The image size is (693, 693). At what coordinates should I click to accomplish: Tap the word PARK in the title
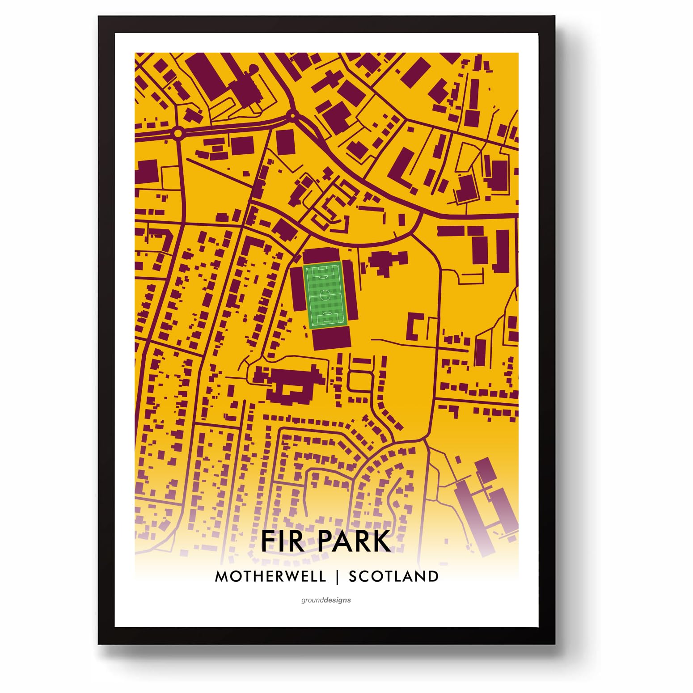pyautogui.click(x=355, y=541)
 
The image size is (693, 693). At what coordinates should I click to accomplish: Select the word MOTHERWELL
pyautogui.click(x=270, y=576)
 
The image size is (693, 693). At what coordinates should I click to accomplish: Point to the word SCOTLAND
pyautogui.click(x=393, y=576)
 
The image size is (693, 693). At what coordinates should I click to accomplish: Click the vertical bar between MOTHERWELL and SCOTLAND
pyautogui.click(x=338, y=577)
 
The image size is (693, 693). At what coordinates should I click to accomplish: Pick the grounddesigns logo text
pyautogui.click(x=326, y=600)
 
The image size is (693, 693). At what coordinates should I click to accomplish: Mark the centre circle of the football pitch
pyautogui.click(x=325, y=295)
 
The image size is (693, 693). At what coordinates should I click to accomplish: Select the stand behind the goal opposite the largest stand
pyautogui.click(x=322, y=256)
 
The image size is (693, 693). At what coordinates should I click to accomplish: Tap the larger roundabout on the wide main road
pyautogui.click(x=178, y=133)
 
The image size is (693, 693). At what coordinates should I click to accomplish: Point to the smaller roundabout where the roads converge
pyautogui.click(x=292, y=115)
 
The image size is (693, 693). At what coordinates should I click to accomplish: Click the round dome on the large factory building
pyautogui.click(x=253, y=68)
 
